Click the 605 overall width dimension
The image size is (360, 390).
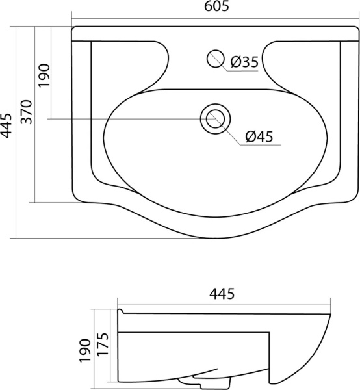(214, 8)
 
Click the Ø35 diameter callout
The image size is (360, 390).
(244, 62)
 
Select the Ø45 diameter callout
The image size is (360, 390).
(259, 136)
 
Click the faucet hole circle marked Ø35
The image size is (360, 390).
(214, 58)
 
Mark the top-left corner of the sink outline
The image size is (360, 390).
(73, 29)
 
